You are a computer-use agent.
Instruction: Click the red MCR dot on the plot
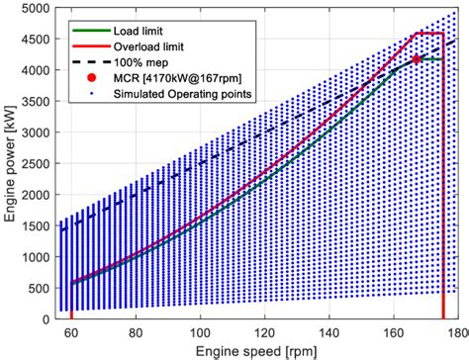click(417, 59)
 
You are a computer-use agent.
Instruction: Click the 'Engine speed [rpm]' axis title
click(263, 351)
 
